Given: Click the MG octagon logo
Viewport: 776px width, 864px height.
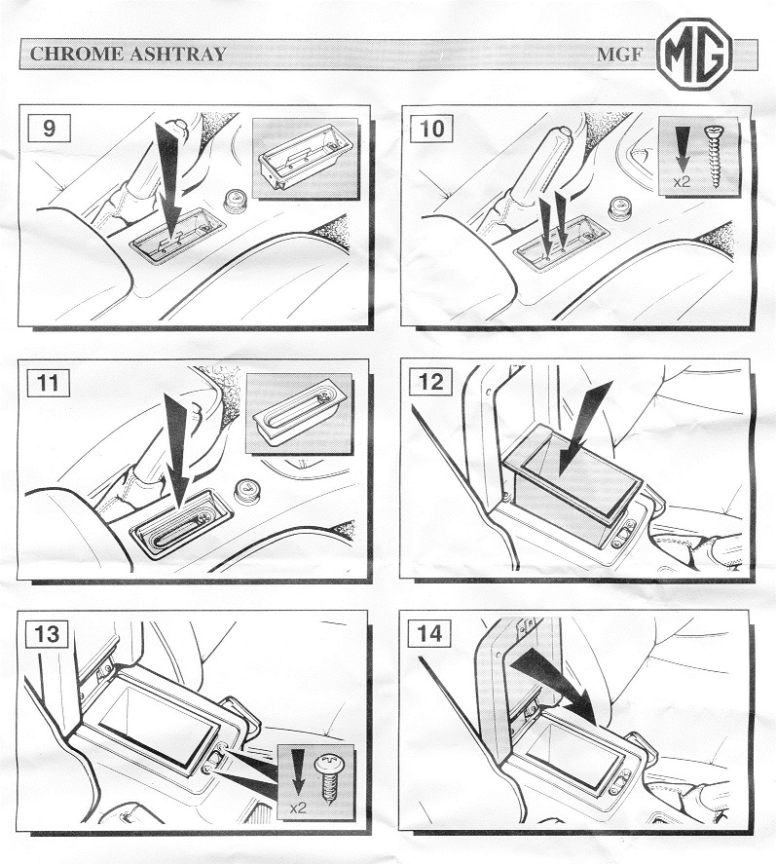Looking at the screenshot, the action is [694, 53].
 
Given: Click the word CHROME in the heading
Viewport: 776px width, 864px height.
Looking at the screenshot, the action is [77, 54].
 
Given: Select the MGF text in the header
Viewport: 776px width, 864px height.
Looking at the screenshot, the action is [619, 55].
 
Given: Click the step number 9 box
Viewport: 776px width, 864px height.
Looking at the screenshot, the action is [49, 129].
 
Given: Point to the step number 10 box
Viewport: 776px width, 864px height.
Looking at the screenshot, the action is [431, 129].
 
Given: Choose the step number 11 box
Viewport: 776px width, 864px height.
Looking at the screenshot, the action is [48, 382].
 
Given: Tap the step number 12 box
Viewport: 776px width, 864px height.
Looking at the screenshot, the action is [430, 381].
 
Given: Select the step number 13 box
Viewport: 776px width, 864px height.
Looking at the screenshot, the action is [47, 634].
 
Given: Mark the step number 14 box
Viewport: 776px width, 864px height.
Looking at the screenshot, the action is [429, 633].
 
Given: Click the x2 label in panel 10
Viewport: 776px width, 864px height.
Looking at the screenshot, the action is [682, 181].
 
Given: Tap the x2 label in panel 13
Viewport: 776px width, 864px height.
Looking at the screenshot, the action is [297, 808].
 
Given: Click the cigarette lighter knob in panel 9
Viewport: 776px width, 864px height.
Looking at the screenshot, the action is [235, 203].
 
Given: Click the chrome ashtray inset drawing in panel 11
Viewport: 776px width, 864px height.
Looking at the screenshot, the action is [299, 413].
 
